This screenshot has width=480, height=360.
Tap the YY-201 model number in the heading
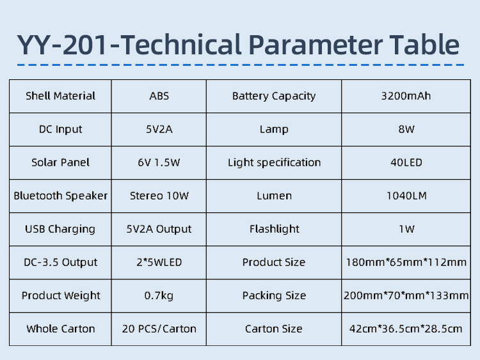[x=62, y=45]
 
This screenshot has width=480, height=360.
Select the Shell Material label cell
[x=60, y=96]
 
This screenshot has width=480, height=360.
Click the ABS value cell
[x=159, y=96]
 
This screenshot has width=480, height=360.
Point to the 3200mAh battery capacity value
[x=406, y=96]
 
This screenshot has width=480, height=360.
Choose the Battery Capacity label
[x=274, y=97]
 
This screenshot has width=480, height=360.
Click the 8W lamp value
[x=406, y=129]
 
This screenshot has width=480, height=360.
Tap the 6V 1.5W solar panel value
[x=159, y=162]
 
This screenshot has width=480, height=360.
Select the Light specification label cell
[x=274, y=162]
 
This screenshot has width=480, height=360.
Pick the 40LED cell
[x=406, y=162]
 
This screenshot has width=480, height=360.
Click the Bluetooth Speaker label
[x=60, y=196]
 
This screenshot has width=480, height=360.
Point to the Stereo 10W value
[x=159, y=196]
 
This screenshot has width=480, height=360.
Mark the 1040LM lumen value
[x=406, y=196]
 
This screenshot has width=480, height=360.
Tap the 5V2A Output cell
[x=159, y=229]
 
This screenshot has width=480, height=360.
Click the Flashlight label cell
[x=274, y=229]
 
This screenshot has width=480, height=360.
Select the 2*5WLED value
[x=159, y=262]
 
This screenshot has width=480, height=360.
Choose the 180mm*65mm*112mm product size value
[x=406, y=262]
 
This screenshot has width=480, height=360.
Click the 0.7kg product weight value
[x=159, y=296]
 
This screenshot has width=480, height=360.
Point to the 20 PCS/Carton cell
[x=159, y=329]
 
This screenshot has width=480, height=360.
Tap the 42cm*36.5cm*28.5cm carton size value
[x=406, y=329]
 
